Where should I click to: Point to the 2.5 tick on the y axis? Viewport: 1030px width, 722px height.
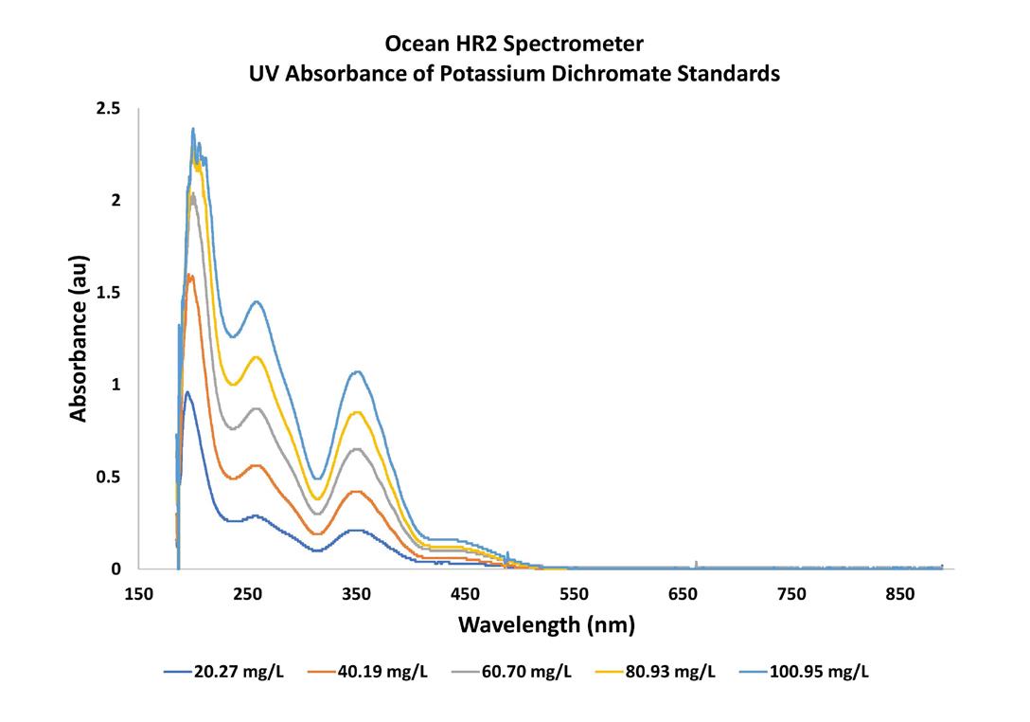(x=110, y=109)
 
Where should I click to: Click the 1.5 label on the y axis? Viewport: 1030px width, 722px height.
(x=110, y=293)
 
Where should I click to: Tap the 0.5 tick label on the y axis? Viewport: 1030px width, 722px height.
(x=110, y=477)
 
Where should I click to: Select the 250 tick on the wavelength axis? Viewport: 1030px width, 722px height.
(x=247, y=594)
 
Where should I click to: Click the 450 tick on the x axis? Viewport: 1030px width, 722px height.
(x=465, y=594)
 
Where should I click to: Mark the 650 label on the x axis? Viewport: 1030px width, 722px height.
(x=683, y=594)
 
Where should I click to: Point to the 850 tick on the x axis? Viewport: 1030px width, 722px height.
(x=900, y=594)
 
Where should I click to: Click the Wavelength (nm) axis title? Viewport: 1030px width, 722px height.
(x=546, y=625)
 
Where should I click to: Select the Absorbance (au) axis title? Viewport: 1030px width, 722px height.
(x=79, y=337)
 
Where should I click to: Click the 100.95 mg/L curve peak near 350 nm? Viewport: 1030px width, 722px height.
(x=357, y=371)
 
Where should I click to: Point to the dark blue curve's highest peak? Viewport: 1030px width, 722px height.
(x=187, y=392)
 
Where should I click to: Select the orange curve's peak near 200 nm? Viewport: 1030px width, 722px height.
(x=190, y=276)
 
